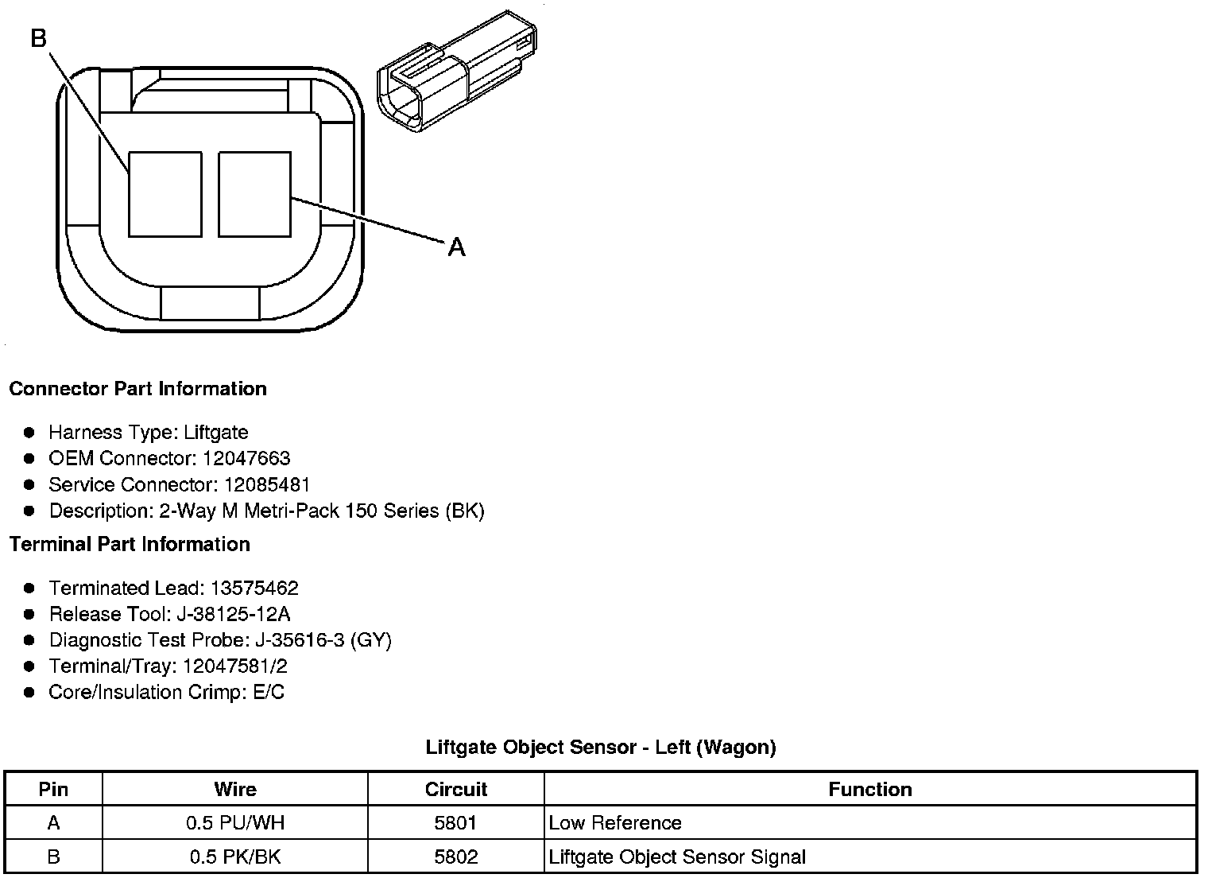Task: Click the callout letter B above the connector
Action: point(39,37)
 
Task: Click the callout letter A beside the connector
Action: point(456,248)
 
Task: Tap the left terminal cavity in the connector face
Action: point(165,195)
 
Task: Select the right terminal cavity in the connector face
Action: point(254,195)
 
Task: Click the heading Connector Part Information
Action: point(137,389)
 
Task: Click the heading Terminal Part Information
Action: point(130,545)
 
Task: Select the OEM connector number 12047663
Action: point(246,459)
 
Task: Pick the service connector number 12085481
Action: point(267,485)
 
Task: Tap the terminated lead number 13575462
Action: point(254,589)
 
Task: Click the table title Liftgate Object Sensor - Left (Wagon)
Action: point(601,748)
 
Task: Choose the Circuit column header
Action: point(456,790)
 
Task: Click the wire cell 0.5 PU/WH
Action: point(235,823)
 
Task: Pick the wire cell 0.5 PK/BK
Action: point(235,857)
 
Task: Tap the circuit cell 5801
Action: point(456,823)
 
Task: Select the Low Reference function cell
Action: point(615,823)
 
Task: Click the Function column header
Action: point(870,790)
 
